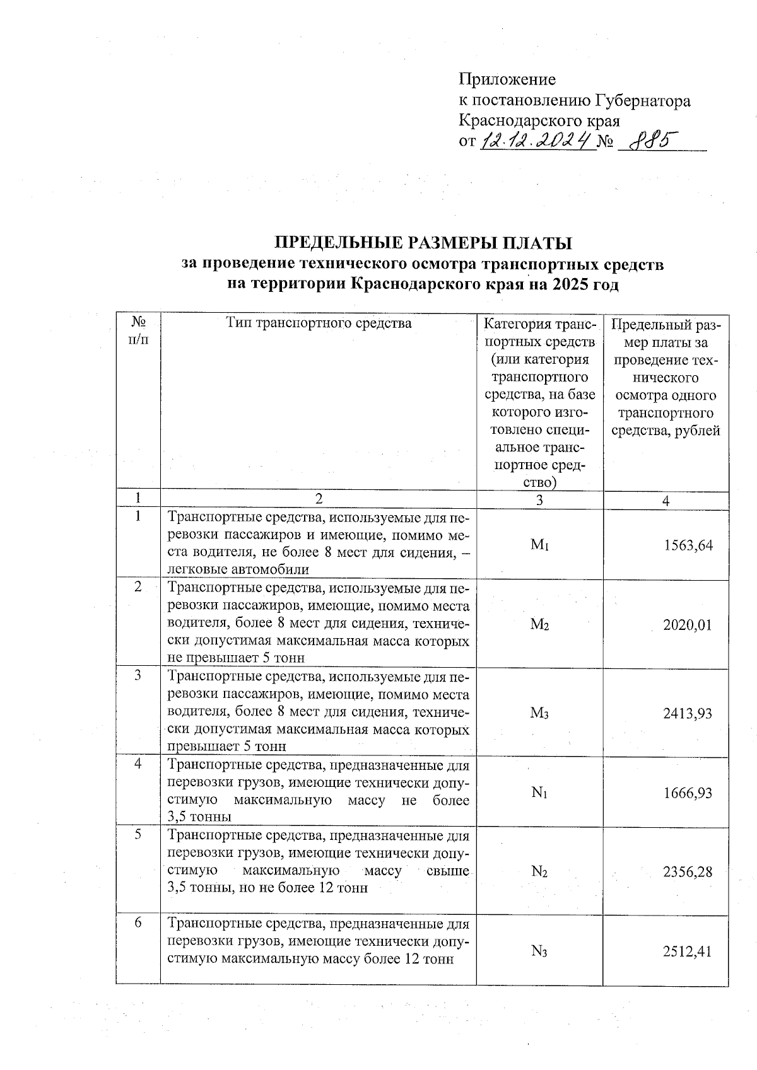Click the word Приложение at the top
(x=507, y=79)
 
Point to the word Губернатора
(x=643, y=100)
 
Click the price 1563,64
(x=688, y=545)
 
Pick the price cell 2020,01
(x=688, y=625)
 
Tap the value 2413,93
(x=688, y=713)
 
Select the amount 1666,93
(x=688, y=793)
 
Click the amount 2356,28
(x=688, y=872)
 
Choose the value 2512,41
(x=688, y=951)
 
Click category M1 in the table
(x=539, y=545)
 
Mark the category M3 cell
(x=539, y=713)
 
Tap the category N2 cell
(x=539, y=872)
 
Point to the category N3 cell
(x=539, y=951)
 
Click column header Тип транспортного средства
(x=319, y=323)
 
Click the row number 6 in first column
(x=138, y=923)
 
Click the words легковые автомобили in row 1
(x=238, y=570)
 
